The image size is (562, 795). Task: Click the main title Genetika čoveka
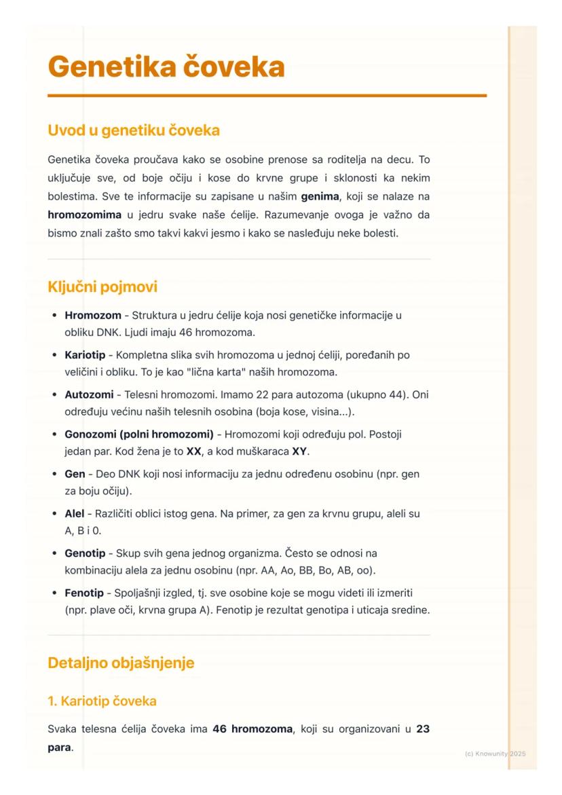point(166,67)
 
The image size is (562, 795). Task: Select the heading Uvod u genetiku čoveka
point(134,129)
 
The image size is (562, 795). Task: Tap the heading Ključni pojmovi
point(102,286)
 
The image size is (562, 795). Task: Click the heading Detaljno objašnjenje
point(121,663)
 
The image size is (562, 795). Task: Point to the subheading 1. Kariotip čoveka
point(102,701)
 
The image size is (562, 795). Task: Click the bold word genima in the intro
point(320,196)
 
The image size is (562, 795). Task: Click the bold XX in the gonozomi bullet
point(195,451)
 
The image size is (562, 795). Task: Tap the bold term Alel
point(74,513)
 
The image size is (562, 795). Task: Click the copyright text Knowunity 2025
point(495,754)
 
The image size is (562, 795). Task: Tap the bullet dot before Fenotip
point(54,593)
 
